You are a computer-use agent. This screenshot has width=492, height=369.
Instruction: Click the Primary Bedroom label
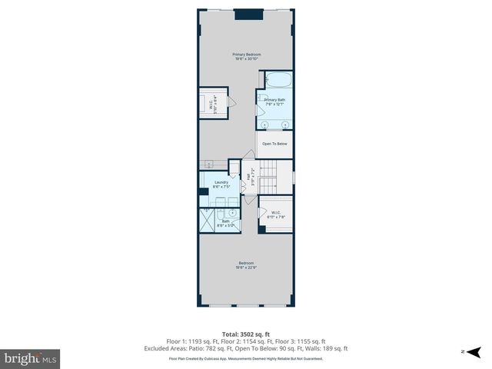pyautogui.click(x=247, y=56)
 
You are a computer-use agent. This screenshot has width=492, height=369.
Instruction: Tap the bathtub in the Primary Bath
pyautogui.click(x=278, y=80)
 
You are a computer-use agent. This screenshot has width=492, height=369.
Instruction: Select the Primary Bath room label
pyautogui.click(x=274, y=102)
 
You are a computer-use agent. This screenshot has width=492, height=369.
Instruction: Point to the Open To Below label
pyautogui.click(x=274, y=144)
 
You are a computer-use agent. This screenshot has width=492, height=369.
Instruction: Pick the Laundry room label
pyautogui.click(x=221, y=184)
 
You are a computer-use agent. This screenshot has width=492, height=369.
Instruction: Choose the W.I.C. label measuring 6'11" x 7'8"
pyautogui.click(x=275, y=215)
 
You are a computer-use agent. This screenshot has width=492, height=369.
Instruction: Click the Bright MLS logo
pyautogui.click(x=30, y=357)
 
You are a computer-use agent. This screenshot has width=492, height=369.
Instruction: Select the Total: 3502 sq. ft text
pyautogui.click(x=246, y=334)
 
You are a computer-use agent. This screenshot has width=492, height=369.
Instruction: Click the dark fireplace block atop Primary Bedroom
pyautogui.click(x=246, y=13)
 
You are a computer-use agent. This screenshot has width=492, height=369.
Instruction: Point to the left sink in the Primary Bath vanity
pyautogui.click(x=264, y=123)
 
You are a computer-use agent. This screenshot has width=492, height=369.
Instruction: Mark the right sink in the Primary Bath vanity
pyautogui.click(x=285, y=123)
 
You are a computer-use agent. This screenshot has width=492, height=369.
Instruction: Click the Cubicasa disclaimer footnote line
pyautogui.click(x=246, y=358)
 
